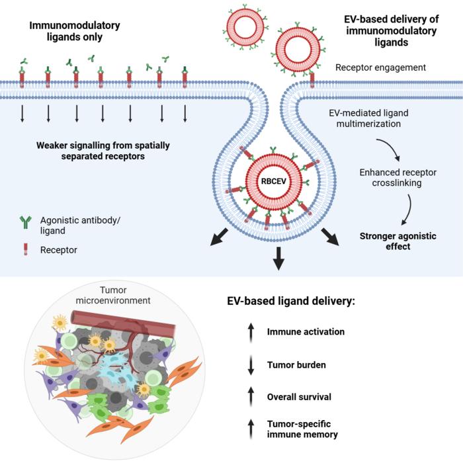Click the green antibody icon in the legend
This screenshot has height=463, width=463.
[x=26, y=224]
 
